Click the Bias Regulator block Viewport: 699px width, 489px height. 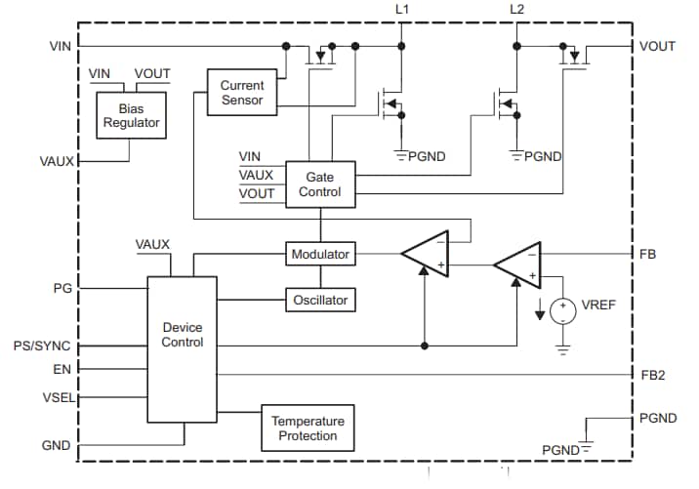point(131,116)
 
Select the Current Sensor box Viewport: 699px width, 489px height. point(241,93)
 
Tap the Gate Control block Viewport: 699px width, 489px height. point(319,184)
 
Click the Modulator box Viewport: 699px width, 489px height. point(320,254)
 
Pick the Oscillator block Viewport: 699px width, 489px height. point(320,300)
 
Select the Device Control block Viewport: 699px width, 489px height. point(182,335)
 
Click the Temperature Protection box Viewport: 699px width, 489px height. point(308,428)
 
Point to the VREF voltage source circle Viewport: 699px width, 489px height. point(562,311)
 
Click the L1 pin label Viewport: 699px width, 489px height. point(402,10)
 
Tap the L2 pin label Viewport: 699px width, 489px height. point(516,10)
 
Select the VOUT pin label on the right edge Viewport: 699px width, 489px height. point(656,46)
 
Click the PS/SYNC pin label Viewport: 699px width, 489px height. point(40,346)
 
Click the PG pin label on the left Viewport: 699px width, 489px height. point(61,289)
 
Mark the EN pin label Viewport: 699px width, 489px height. point(62,370)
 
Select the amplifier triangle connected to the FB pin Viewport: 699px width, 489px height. point(515,265)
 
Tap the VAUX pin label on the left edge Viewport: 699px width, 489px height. point(56,160)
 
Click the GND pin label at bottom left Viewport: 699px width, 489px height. point(57,445)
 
